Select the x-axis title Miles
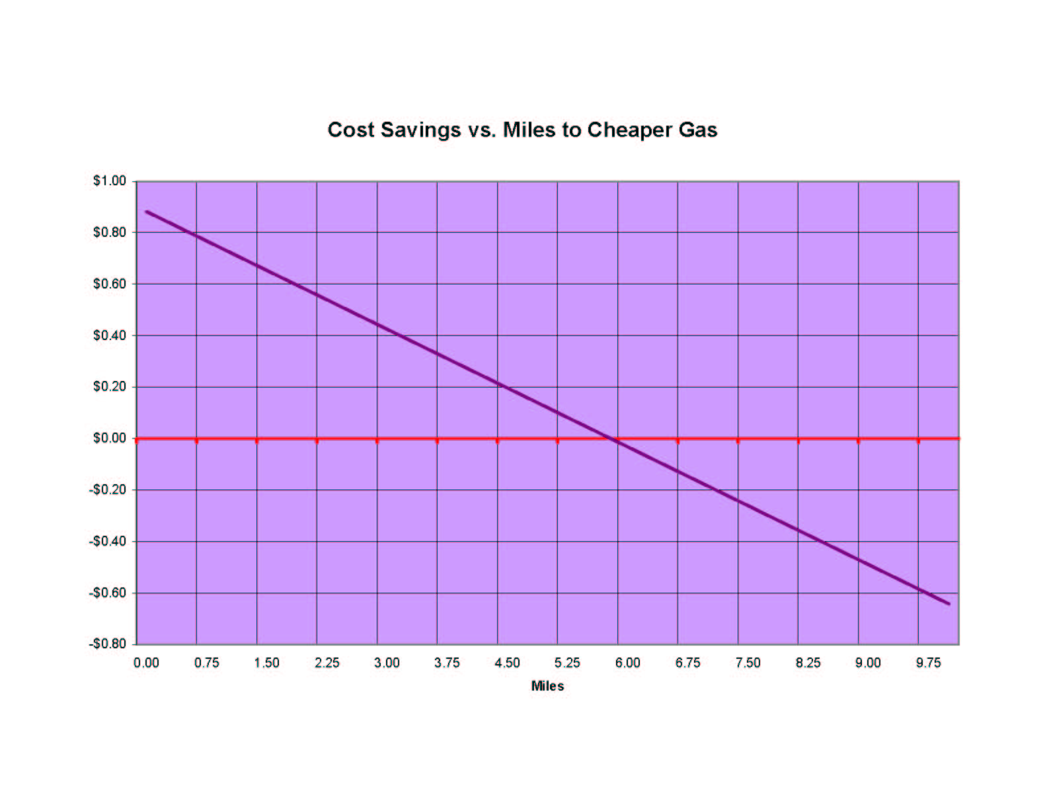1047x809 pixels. (547, 686)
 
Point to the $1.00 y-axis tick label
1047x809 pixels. (109, 181)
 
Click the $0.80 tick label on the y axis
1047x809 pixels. (109, 232)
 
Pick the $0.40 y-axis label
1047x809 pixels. (109, 335)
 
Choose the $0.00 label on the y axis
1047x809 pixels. (109, 438)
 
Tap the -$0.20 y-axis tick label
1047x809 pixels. (107, 490)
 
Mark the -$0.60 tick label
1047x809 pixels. (107, 593)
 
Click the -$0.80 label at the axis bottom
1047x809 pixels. (107, 644)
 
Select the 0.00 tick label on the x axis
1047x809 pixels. (146, 663)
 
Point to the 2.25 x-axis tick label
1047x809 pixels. (327, 663)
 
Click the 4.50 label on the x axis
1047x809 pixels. (507, 663)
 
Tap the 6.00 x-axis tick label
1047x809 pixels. (627, 663)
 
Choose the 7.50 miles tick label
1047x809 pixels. (748, 663)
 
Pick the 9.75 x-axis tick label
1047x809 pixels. (928, 663)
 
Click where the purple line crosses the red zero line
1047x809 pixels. (611, 439)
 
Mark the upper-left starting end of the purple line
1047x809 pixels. (147, 212)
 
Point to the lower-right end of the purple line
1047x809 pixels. (949, 603)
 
